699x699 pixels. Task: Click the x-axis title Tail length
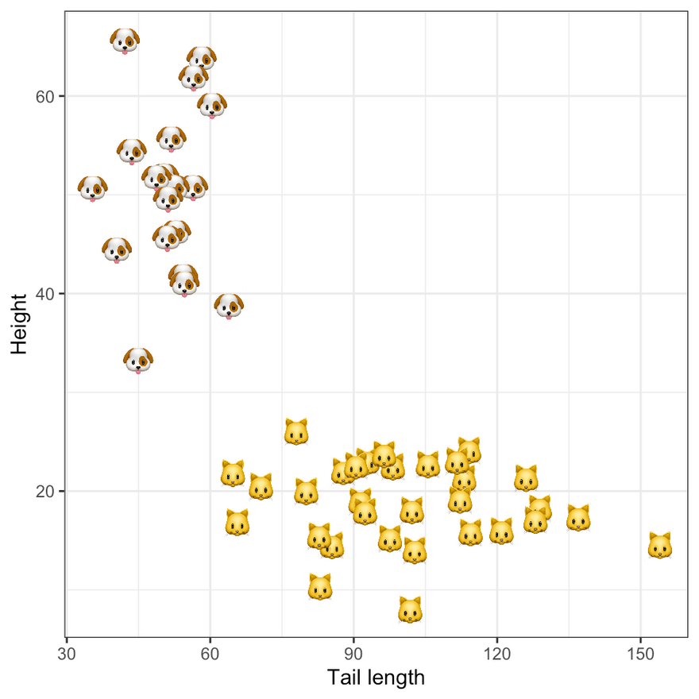376,678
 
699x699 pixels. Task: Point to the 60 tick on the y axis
63,96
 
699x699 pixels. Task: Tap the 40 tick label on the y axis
44,294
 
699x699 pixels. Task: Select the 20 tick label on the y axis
44,491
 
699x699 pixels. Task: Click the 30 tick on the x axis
67,637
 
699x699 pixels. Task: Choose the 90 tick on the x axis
353,637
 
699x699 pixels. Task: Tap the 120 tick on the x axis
497,637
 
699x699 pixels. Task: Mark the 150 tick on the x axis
640,637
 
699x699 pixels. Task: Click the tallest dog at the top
125,40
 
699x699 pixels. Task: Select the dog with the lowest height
138,359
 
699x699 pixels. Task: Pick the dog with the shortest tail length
92,188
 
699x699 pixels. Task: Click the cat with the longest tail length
660,546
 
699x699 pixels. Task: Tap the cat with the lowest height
410,610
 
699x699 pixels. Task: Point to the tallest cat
296,432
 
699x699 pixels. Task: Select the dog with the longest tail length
229,305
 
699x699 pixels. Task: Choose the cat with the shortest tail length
233,473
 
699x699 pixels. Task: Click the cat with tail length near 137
578,518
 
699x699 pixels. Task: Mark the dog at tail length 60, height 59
211,104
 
